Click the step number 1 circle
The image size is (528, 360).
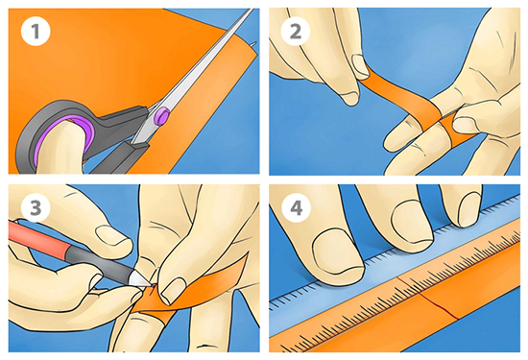click(36, 32)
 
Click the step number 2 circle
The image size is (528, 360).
click(296, 32)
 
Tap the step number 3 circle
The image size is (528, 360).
click(36, 207)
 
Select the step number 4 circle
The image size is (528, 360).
click(296, 207)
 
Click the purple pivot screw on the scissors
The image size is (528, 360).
click(162, 115)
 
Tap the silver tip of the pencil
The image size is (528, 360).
click(141, 279)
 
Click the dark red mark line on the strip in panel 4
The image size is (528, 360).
click(427, 298)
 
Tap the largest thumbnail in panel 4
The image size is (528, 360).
click(338, 252)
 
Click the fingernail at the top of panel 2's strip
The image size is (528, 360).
click(360, 64)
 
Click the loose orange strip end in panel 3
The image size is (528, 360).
click(215, 286)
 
